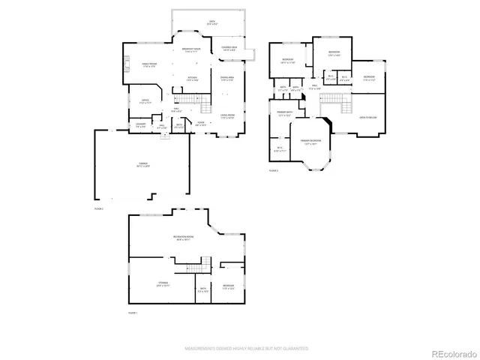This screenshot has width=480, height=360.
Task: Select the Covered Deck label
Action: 229,48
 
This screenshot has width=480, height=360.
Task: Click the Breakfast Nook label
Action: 194,50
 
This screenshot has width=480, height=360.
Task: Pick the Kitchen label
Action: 193,78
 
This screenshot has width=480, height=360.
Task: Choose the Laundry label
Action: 141,126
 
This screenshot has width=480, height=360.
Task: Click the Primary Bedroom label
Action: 311,141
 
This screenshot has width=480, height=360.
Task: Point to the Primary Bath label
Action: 285,114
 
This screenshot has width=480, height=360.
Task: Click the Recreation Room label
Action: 184,238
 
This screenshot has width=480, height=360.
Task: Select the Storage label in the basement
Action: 163,284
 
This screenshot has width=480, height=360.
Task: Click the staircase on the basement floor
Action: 196,264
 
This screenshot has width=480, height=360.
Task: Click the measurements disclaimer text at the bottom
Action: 247,348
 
